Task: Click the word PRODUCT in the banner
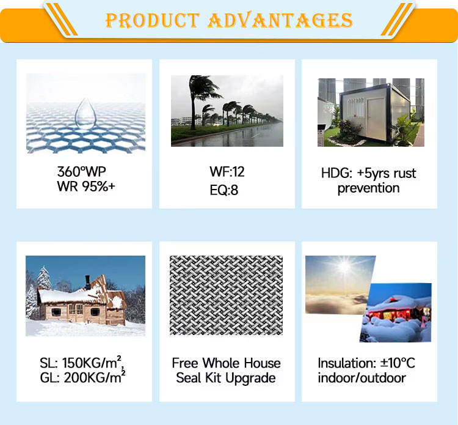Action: [153, 20]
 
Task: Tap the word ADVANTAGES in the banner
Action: [280, 20]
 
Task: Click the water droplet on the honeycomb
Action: [85, 114]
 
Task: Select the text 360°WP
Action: [81, 172]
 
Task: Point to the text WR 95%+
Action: [86, 187]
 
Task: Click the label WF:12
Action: [227, 172]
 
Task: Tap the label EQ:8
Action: [224, 190]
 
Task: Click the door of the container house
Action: [376, 119]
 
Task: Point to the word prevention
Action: [368, 188]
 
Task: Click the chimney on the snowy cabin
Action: [87, 282]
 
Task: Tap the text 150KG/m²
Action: [93, 363]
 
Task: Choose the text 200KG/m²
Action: [95, 377]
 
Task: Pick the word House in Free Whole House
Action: [262, 363]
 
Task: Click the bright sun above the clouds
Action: [344, 266]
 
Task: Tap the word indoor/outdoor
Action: [362, 378]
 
